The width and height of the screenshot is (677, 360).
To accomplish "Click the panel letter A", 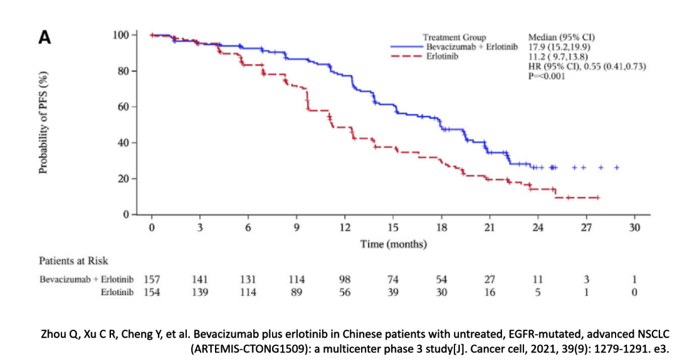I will (45, 38).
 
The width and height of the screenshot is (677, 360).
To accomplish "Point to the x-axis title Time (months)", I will (393, 244).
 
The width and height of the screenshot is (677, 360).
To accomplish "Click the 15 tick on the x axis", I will (393, 228).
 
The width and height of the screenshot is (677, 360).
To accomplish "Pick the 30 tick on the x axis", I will (634, 228).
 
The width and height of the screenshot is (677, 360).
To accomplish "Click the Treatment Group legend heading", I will (454, 38).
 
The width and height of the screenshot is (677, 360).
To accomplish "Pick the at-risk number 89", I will (297, 291).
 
